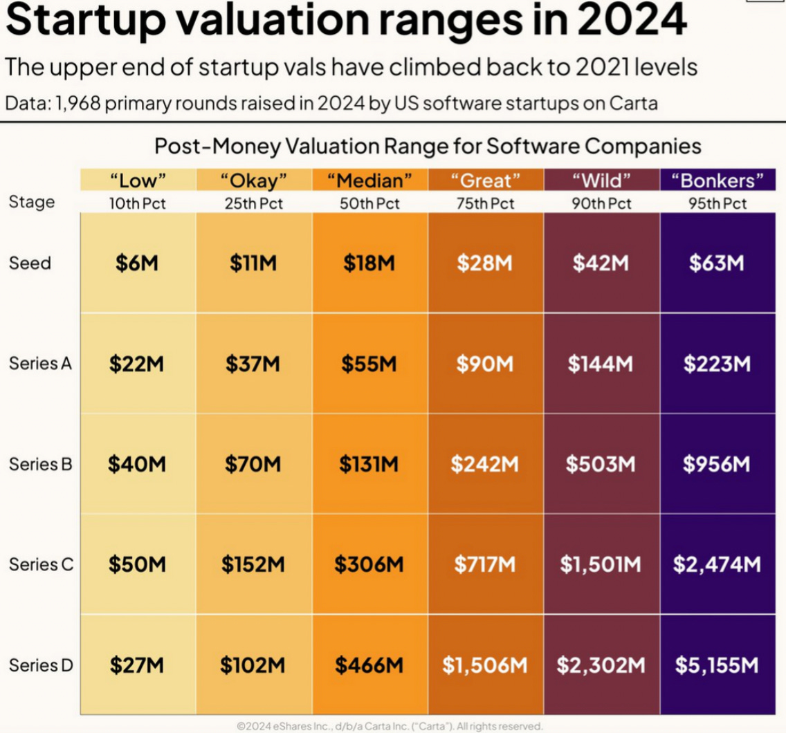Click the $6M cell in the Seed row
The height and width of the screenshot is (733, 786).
(138, 263)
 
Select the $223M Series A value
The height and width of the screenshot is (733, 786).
(717, 364)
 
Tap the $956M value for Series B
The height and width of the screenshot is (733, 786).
(717, 464)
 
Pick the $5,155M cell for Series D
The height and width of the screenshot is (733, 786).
(717, 665)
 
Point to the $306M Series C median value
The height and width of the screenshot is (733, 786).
(369, 565)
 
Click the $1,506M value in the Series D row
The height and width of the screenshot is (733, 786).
(484, 665)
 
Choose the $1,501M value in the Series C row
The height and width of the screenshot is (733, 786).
(601, 565)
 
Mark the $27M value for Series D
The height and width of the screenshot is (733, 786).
(137, 665)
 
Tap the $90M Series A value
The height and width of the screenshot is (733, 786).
(484, 364)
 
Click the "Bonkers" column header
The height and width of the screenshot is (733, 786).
(718, 181)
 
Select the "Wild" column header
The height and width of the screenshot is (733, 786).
(601, 181)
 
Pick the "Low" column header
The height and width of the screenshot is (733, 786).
(138, 181)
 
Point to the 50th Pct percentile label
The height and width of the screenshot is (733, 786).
(369, 204)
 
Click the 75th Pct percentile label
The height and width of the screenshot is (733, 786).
(485, 204)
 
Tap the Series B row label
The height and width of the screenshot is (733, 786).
(40, 464)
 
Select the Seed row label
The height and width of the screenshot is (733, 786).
(30, 263)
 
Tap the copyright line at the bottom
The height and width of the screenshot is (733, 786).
(390, 726)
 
